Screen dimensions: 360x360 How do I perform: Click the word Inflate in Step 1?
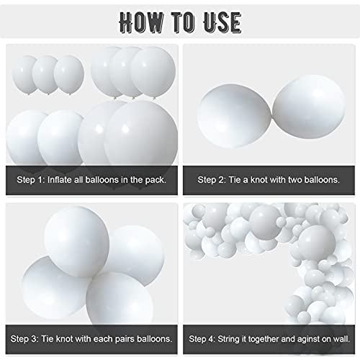pos(64,179)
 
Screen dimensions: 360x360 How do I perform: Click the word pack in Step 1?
pos(156,179)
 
